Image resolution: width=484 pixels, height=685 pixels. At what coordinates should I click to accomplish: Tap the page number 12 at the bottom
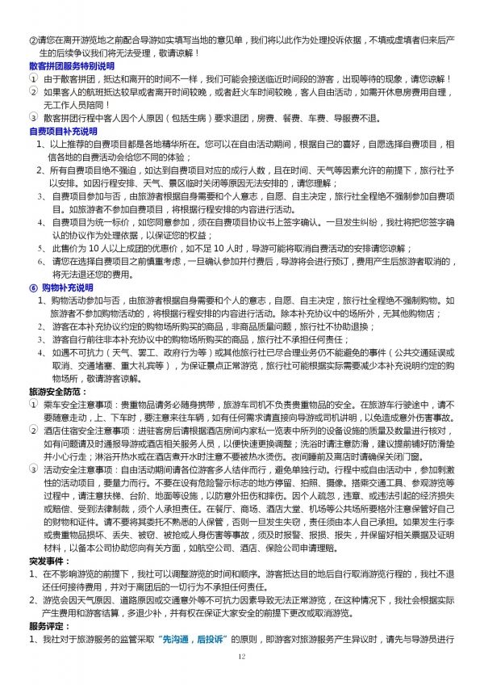click(241, 658)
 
